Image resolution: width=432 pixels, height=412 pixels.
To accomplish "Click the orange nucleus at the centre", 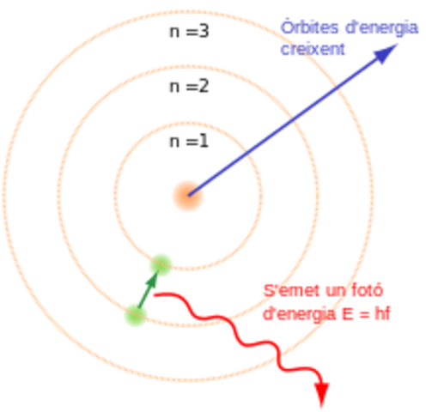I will pyautogui.click(x=186, y=196).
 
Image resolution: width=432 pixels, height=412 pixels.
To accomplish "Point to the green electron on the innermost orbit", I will pyautogui.click(x=161, y=263).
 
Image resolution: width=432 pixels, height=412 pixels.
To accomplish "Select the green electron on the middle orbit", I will pyautogui.click(x=136, y=315).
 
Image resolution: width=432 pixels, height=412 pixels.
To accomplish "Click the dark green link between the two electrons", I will pyautogui.click(x=149, y=289).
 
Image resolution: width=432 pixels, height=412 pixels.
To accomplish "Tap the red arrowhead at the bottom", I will pyautogui.click(x=323, y=396).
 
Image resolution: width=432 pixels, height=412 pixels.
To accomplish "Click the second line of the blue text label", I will pyautogui.click(x=313, y=49).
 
